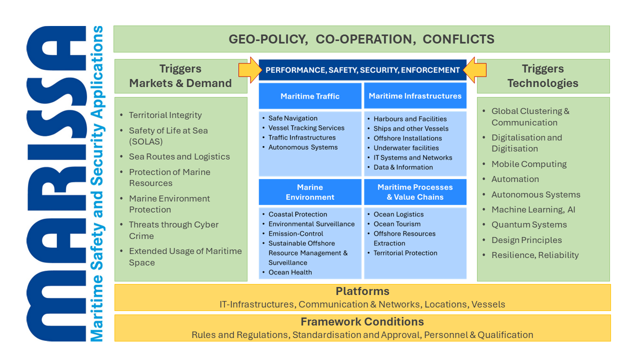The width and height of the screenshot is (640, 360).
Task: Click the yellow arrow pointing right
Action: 250,70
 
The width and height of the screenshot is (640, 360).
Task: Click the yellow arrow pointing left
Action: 474,70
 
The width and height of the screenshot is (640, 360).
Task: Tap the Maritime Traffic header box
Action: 310,96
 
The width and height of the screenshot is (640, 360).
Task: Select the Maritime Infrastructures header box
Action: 415,96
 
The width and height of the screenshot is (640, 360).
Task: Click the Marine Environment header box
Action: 310,192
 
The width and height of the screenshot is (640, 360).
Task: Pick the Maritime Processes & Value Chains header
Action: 415,192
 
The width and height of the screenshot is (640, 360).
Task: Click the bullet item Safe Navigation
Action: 293,118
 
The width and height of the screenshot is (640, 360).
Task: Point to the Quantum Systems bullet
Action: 529,224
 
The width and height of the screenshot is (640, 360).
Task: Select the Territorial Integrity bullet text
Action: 165,115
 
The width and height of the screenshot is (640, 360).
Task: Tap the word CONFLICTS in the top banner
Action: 458,39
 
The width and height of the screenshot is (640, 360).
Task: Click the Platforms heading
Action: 362,291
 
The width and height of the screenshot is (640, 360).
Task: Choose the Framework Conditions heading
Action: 362,321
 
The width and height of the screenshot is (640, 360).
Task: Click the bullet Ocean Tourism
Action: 397,224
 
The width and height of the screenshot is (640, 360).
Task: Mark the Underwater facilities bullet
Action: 406,148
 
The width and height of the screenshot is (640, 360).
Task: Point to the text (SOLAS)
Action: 145,141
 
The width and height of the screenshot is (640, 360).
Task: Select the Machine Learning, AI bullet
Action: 533,209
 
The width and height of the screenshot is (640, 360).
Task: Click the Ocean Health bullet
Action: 290,272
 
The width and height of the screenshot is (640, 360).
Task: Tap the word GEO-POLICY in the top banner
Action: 268,39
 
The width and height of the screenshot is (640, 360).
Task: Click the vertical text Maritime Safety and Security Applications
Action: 97,183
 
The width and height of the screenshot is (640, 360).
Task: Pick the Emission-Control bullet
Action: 295,233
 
